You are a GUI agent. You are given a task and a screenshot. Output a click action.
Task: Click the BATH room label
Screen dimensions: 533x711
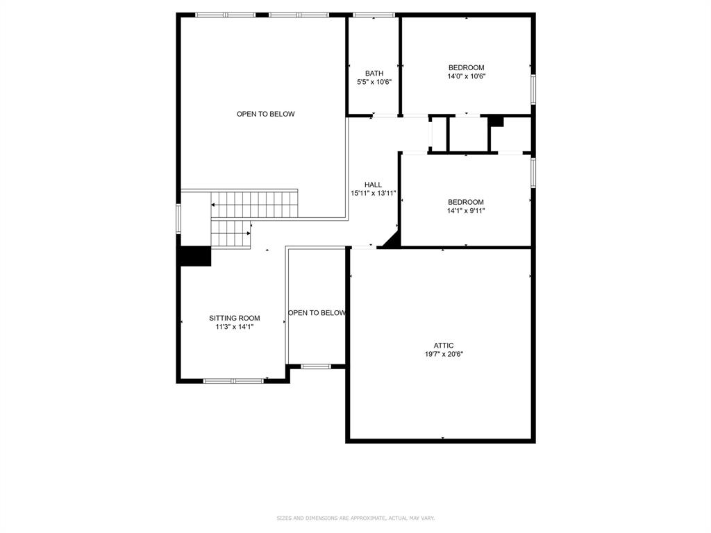pyautogui.click(x=374, y=73)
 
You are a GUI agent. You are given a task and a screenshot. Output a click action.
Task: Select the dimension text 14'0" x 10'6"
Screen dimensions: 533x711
pyautogui.click(x=466, y=76)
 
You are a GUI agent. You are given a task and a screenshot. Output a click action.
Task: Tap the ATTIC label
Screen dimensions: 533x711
pyautogui.click(x=444, y=345)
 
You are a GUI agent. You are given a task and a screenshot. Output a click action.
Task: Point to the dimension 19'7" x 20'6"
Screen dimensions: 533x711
pyautogui.click(x=444, y=354)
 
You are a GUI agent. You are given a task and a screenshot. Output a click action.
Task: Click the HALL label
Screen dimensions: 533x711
pyautogui.click(x=373, y=185)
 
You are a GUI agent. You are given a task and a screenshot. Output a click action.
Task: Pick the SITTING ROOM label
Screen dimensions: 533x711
pyautogui.click(x=235, y=318)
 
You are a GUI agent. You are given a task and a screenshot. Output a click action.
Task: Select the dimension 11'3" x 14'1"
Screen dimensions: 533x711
pyautogui.click(x=235, y=327)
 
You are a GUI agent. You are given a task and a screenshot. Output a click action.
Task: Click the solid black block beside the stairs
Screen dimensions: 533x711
pyautogui.click(x=195, y=256)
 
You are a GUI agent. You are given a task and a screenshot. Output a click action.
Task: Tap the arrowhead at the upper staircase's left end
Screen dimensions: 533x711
pyautogui.click(x=214, y=205)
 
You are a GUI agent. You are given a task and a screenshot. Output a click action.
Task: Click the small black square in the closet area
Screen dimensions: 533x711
pyautogui.click(x=495, y=121)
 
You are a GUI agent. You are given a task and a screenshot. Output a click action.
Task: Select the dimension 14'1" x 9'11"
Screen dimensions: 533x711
pyautogui.click(x=466, y=210)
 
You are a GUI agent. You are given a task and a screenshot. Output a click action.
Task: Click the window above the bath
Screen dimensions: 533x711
pyautogui.click(x=374, y=15)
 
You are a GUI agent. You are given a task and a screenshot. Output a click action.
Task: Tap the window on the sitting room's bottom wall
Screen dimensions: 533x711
pyautogui.click(x=233, y=380)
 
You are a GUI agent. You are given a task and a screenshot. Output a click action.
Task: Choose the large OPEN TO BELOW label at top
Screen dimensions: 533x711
pyautogui.click(x=265, y=114)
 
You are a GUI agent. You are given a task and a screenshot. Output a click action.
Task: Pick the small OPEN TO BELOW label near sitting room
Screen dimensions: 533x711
pyautogui.click(x=317, y=313)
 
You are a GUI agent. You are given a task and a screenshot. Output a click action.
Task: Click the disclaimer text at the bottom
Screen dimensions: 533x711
pyautogui.click(x=355, y=518)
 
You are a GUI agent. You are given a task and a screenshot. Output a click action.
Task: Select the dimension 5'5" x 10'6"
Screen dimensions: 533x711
pyautogui.click(x=374, y=82)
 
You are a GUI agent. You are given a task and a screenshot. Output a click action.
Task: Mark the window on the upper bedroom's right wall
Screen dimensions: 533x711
pyautogui.click(x=533, y=89)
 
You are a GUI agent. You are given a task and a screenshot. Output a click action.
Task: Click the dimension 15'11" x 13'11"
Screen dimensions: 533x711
pyautogui.click(x=373, y=194)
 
